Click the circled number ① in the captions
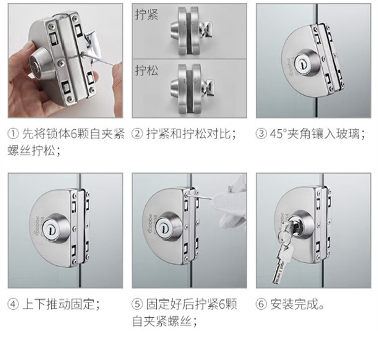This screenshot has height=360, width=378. point(13,134)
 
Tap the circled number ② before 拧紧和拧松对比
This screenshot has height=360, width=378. point(137,134)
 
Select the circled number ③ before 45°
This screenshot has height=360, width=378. point(261,134)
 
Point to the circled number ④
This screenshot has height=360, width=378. point(13,304)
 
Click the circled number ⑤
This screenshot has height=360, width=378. point(137,304)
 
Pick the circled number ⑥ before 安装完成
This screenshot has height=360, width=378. point(261,304)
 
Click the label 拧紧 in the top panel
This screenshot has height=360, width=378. point(146,14)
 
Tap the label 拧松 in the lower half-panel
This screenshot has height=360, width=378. point(146,71)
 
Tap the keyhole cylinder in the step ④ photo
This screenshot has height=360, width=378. point(51,227)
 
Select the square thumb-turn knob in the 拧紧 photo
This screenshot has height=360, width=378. point(206,29)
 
